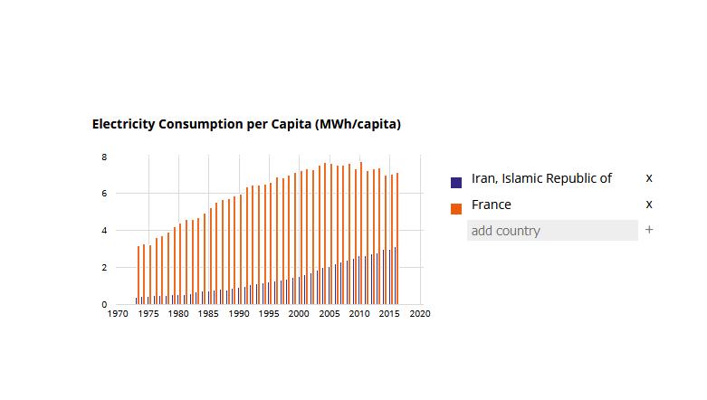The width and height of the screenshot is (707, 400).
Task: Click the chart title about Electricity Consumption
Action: click(246, 124)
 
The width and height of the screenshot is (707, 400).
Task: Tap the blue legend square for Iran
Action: click(456, 182)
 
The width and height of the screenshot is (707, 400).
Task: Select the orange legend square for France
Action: click(456, 209)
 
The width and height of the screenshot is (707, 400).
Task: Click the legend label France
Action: click(492, 205)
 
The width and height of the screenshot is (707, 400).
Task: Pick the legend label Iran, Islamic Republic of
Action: click(541, 178)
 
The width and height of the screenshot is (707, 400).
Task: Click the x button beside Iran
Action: click(649, 178)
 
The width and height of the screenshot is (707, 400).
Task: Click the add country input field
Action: click(552, 231)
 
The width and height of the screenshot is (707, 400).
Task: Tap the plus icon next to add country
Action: click(649, 230)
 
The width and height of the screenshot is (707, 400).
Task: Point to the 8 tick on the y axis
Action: click(104, 157)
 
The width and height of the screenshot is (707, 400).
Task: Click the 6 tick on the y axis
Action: click(104, 194)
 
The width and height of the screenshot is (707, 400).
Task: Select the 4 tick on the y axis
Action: click(104, 231)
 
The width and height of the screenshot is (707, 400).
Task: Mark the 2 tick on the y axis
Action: click(104, 268)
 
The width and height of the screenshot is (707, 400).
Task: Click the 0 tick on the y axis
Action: click(104, 305)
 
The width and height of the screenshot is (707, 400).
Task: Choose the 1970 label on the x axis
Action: click(118, 315)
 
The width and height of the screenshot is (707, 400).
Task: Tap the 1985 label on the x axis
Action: click(209, 315)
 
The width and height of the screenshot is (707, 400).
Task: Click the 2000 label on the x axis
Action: click(299, 315)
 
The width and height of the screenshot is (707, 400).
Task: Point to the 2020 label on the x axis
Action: click(420, 315)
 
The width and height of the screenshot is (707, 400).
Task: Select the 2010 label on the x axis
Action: click(359, 315)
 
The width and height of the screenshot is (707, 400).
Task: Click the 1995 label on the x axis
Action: click(269, 315)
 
